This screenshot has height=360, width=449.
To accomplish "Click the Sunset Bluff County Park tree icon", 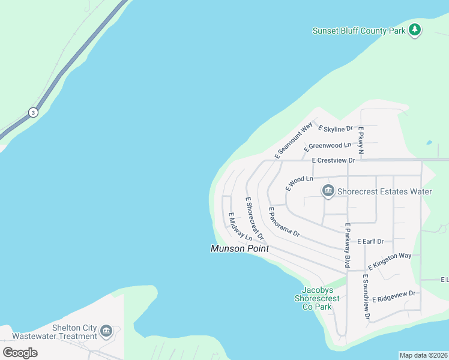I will point(414,29).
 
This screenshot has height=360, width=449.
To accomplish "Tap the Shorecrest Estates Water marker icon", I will point(328,191).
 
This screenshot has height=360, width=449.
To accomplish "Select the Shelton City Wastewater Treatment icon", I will point(106,331).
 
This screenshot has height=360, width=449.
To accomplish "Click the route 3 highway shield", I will point(32,112).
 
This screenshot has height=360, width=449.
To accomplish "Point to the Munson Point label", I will point(240,248).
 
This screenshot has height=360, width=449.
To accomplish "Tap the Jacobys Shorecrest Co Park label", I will point(317,298).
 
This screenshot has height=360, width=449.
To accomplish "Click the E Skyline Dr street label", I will point(336,129).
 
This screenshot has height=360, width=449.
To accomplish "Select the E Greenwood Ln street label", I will point(328,146).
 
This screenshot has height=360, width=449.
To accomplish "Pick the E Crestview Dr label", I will point(334,160).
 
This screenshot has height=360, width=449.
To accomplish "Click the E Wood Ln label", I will point(300,182).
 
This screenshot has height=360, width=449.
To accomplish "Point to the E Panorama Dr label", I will point(283,223).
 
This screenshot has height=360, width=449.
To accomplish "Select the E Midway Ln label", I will point(240,227).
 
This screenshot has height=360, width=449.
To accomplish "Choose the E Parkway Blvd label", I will point(347,245).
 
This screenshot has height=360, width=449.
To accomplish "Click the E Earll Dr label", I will point(370,241).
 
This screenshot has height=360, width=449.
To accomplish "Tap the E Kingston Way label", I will point(389,260).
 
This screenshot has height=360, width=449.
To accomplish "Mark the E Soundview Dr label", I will point(366,296).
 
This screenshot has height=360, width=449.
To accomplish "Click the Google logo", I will point(20,352).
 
